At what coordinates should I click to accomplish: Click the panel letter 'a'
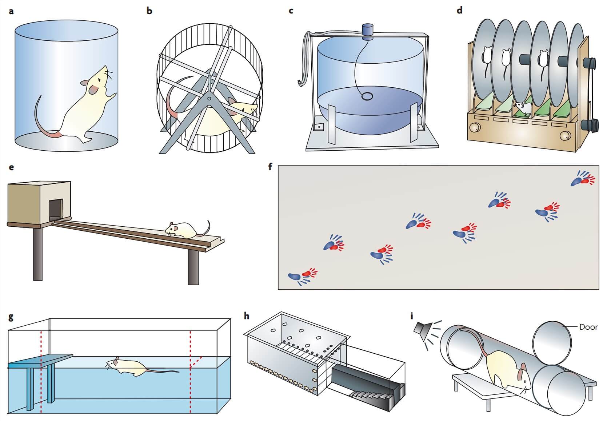click(x=11, y=11)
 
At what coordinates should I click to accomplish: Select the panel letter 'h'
click(x=247, y=316)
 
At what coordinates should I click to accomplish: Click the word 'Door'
click(x=588, y=327)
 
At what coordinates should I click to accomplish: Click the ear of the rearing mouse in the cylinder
click(x=93, y=87)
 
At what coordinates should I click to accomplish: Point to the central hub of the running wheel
click(x=210, y=98)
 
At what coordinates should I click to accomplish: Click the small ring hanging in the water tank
click(x=367, y=96)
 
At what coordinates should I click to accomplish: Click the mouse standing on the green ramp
click(x=522, y=108)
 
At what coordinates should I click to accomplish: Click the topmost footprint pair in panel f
click(x=582, y=179)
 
